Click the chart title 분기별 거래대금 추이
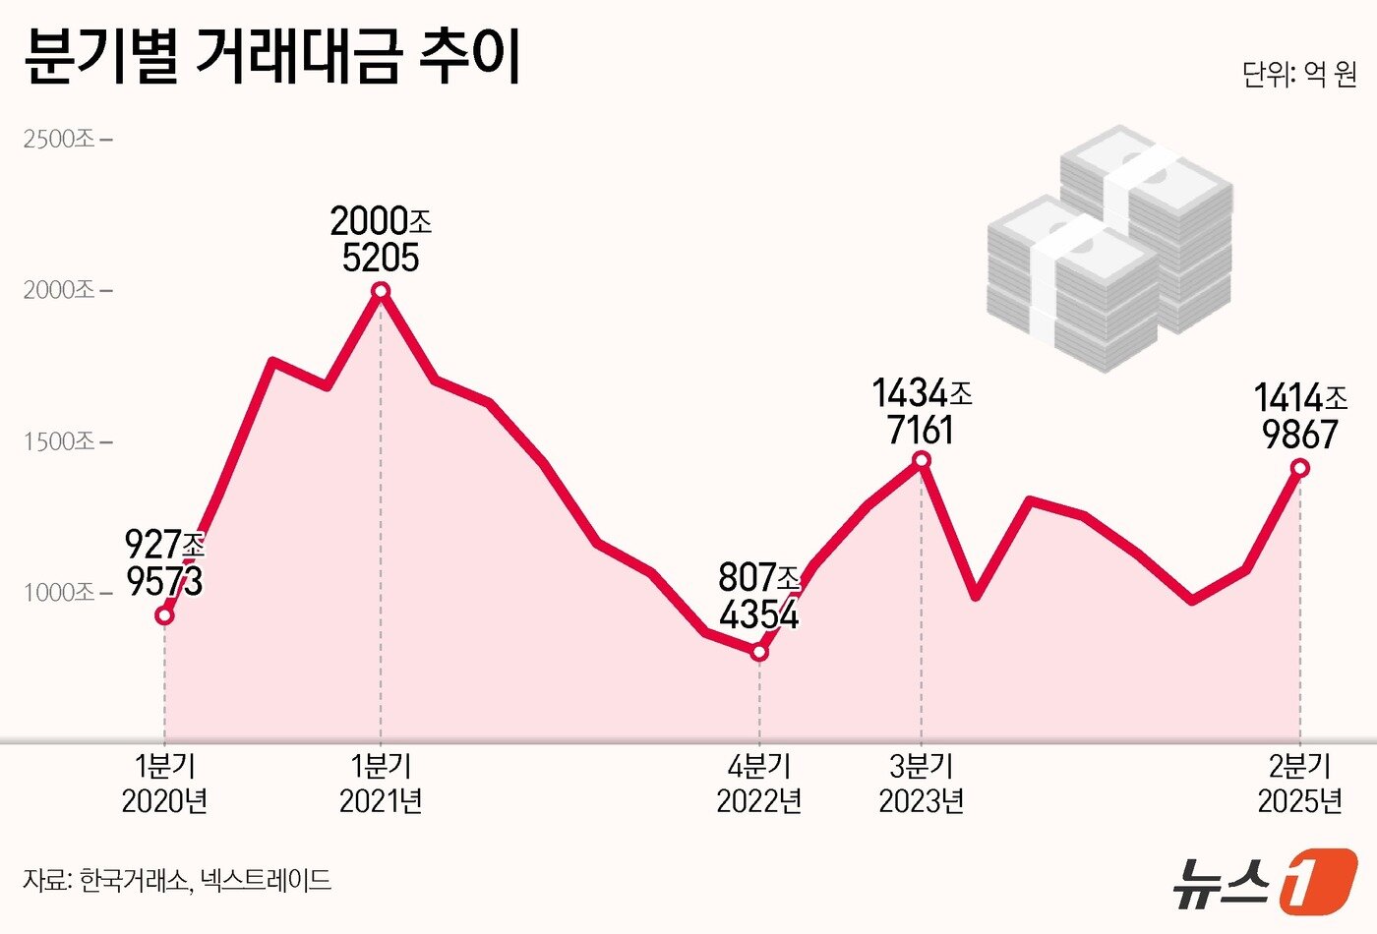coord(272,57)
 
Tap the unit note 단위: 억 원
coord(1298,75)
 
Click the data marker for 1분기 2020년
coord(165,615)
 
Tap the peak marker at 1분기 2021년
coord(381,290)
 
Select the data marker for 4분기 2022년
coord(759,652)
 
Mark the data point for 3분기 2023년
coord(922,460)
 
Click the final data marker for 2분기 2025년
coord(1300,468)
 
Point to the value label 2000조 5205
coord(381,239)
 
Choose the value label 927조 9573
coord(165,562)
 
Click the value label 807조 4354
coord(759,596)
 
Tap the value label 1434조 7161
coord(922,411)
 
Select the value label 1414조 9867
coord(1300,416)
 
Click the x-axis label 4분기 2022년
coord(759,784)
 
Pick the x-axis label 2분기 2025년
coord(1300,784)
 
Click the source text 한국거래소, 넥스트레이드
coord(177,879)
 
